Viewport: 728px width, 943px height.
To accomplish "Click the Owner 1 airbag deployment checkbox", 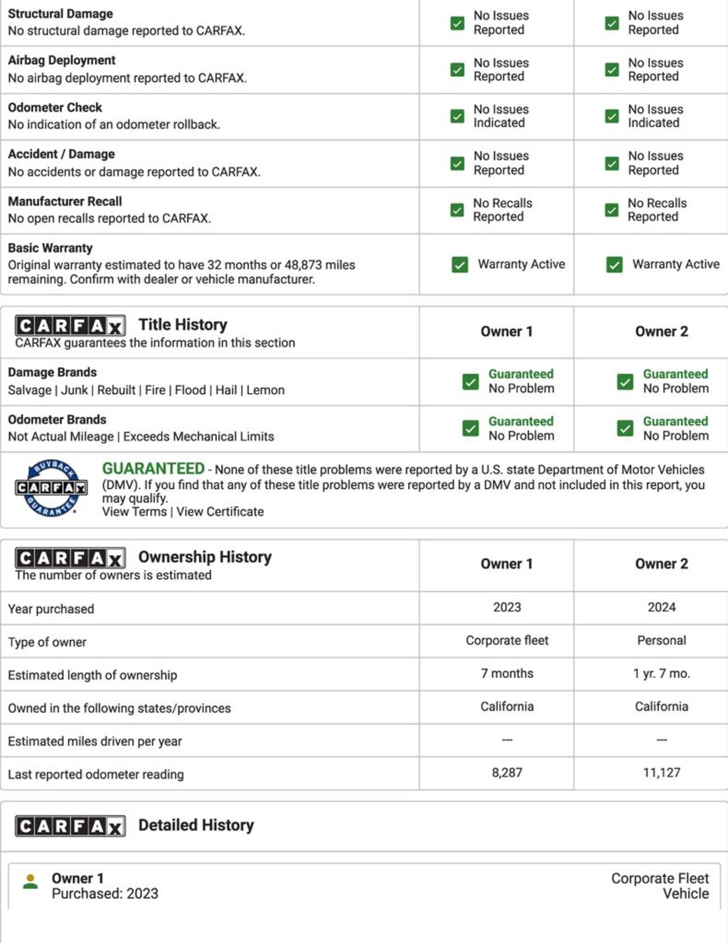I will [457, 70].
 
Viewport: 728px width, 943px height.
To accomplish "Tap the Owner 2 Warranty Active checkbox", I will [614, 265].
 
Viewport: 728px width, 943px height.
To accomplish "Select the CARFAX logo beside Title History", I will [70, 325].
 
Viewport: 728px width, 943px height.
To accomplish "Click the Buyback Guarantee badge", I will [51, 488].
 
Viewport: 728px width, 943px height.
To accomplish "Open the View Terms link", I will [134, 512].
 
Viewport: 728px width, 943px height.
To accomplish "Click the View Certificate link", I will [220, 512].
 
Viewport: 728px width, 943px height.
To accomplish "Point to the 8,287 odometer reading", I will [507, 772].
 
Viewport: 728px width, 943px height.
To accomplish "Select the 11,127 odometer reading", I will [661, 772].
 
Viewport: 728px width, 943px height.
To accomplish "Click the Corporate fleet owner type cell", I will [507, 640].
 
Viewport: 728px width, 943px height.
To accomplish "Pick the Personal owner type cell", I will [661, 640].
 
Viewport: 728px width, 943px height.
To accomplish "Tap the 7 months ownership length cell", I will [507, 673].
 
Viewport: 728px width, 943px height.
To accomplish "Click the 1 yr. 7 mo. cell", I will [661, 673].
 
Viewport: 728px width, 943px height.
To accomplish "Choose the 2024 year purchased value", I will [661, 607].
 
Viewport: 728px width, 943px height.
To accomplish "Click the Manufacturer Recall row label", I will [65, 201].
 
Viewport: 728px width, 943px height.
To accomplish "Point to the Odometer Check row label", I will [55, 107].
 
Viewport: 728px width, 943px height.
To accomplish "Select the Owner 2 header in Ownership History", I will [661, 564].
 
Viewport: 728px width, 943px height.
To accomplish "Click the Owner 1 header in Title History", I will [506, 331].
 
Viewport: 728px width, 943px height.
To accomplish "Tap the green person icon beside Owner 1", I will [31, 882].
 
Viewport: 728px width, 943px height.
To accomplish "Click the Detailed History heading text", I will [196, 825].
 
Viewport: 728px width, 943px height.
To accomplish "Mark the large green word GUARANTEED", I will [153, 469].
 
